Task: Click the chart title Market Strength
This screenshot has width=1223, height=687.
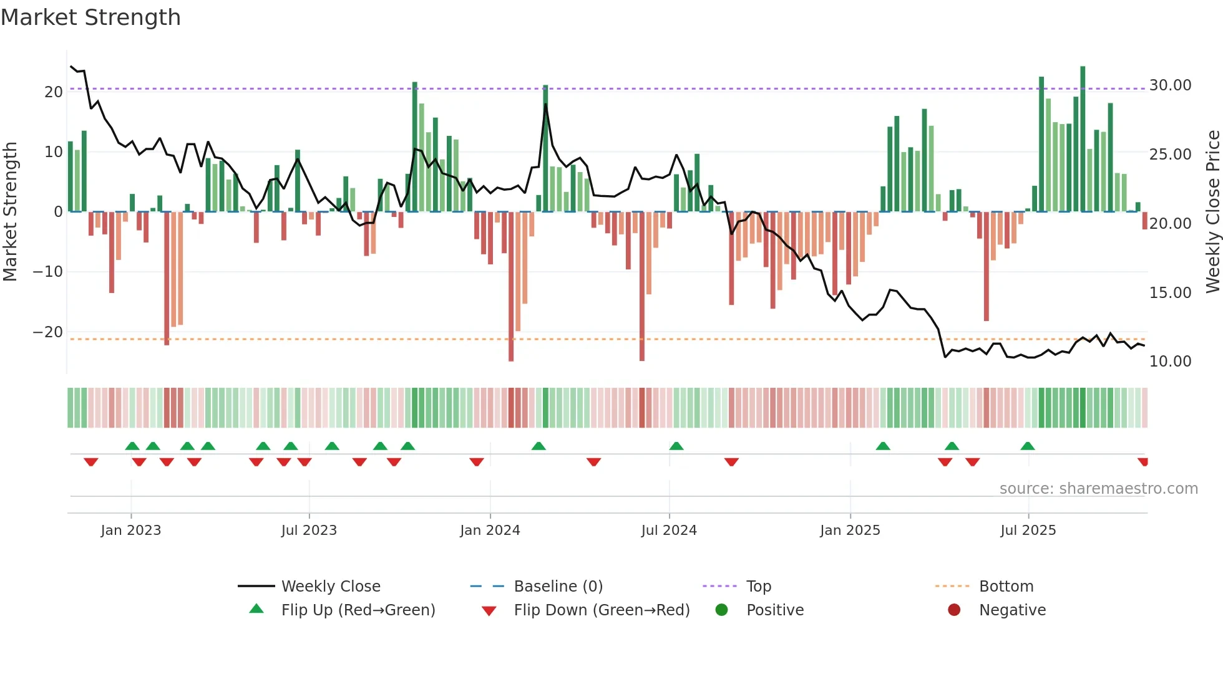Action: click(90, 17)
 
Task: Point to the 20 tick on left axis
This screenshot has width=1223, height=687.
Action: click(54, 92)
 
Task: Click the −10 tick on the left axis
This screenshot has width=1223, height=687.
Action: click(47, 272)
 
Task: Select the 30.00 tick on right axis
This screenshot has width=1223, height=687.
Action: click(1170, 85)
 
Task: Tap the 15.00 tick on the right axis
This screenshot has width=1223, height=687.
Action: click(1170, 292)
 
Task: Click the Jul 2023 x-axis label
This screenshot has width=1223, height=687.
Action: click(309, 531)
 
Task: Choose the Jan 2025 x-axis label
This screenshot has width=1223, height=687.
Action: click(850, 531)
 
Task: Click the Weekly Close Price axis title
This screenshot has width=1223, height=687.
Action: click(1212, 212)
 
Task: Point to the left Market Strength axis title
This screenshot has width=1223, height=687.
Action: click(10, 212)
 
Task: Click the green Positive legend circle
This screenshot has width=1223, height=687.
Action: click(722, 610)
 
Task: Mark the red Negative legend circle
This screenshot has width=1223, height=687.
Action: click(954, 610)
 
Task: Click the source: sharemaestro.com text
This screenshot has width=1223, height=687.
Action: click(1098, 489)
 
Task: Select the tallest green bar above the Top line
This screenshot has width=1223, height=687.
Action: click(1083, 137)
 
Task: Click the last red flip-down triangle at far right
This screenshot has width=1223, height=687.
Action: click(1143, 462)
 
